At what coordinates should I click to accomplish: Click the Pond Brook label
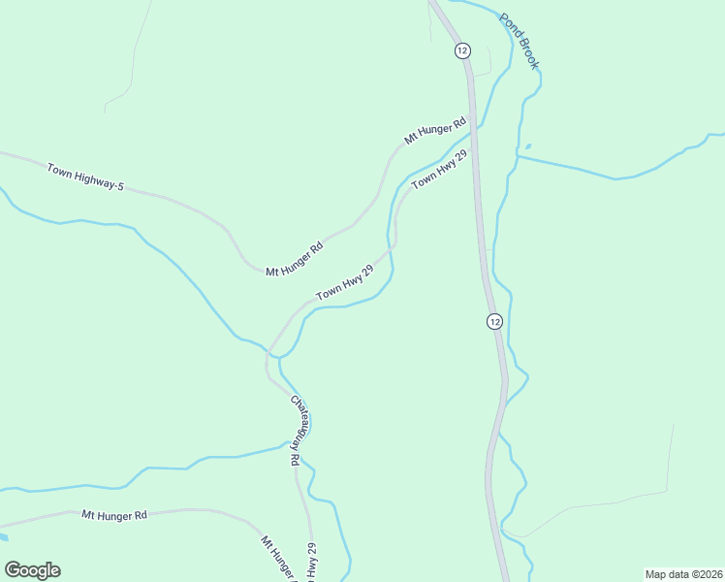(x=519, y=41)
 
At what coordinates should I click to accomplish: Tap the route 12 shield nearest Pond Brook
(x=461, y=49)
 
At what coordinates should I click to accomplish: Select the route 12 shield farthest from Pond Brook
(x=494, y=321)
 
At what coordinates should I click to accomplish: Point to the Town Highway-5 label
(x=85, y=177)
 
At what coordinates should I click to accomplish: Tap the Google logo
(x=32, y=570)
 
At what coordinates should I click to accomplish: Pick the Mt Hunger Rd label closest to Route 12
(x=435, y=132)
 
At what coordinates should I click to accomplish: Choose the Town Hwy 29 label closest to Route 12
(x=439, y=170)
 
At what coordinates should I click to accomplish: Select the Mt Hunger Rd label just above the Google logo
(x=113, y=515)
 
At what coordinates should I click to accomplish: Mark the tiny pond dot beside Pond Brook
(x=527, y=146)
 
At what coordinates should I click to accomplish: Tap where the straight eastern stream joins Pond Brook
(x=518, y=156)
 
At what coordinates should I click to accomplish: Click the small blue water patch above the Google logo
(x=3, y=535)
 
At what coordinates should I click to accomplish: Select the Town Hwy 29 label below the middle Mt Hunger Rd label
(x=344, y=282)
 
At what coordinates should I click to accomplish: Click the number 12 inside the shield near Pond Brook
(x=461, y=49)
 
